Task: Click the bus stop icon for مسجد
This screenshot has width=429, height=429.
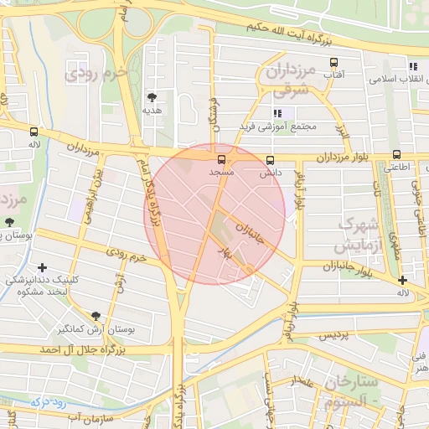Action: (222, 159)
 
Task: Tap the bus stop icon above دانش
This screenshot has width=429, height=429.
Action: (270, 160)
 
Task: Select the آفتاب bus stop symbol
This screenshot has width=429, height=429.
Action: (334, 63)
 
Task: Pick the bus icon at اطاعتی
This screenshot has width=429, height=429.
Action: (396, 154)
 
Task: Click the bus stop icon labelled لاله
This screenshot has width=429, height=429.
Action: (34, 132)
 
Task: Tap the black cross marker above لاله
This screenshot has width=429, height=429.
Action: (403, 280)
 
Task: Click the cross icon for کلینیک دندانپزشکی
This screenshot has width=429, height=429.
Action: (42, 267)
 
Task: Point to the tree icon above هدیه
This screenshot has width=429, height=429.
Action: (152, 97)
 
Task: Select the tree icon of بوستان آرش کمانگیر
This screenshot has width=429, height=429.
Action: (96, 316)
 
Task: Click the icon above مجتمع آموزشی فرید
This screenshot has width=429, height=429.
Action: (277, 113)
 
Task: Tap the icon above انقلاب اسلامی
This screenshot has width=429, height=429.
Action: (412, 66)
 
